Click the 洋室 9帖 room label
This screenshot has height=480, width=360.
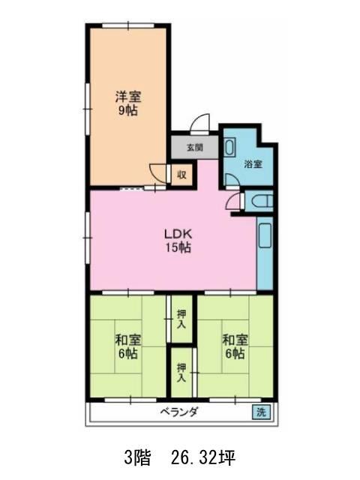128,103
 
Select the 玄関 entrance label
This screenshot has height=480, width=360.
195,148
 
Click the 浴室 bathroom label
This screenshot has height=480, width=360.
253,164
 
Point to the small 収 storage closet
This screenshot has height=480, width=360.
181,175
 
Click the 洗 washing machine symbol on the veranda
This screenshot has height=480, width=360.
261,412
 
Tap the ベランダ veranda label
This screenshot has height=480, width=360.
179,412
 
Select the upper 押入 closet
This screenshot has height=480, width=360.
181,319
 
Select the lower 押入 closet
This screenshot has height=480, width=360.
181,372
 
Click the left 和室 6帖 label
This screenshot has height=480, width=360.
128,346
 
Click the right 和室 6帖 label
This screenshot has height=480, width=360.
235,346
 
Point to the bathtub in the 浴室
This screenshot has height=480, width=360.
229,147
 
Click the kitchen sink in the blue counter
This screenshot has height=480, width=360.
265,235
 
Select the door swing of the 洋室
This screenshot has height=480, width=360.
157,174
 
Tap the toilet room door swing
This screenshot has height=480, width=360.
233,202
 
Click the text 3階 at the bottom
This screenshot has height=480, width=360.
137,457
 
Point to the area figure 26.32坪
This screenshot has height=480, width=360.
203,457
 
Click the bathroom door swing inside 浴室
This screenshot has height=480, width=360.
232,180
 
